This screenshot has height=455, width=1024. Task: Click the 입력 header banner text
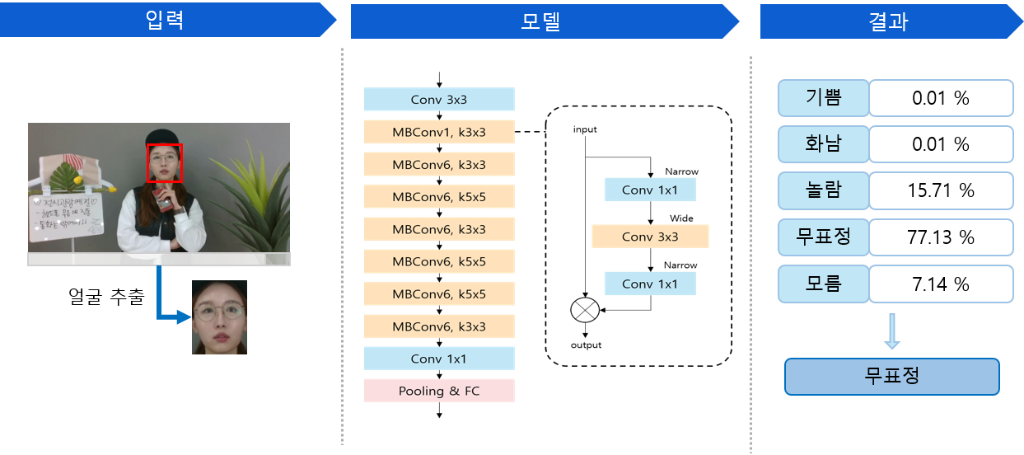tap(163, 20)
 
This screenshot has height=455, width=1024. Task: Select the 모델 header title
tap(540, 21)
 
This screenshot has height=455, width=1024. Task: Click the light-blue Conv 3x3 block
tap(439, 100)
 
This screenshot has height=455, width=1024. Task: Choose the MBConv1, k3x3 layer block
tap(439, 132)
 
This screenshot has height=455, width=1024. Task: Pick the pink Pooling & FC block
tap(439, 391)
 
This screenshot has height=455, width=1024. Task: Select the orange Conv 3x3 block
tap(650, 237)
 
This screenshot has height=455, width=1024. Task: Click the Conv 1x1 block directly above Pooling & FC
tap(439, 359)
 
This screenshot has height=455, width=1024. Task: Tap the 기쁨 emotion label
tap(823, 98)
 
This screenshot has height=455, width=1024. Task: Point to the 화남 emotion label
tap(823, 144)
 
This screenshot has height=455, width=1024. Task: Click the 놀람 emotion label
tap(823, 190)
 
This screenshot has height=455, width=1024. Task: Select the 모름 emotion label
tap(823, 284)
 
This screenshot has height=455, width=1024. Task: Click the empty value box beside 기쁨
tap(941, 98)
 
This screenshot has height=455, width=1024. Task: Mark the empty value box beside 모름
tap(941, 284)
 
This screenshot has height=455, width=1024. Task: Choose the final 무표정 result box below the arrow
tap(891, 377)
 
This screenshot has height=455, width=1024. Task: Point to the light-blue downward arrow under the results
tap(891, 331)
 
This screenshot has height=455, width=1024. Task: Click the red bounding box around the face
tap(164, 162)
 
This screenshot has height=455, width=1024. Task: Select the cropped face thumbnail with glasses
tap(219, 317)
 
